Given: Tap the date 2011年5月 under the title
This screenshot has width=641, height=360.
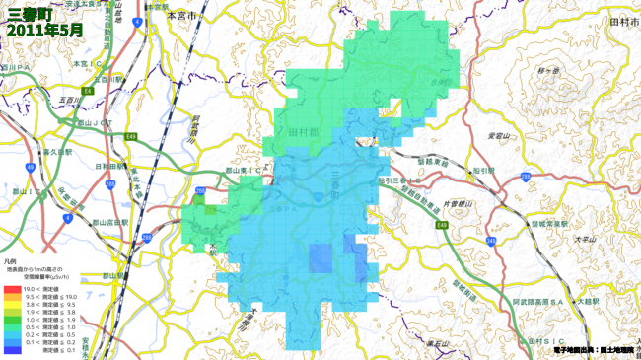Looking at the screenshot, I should (x=44, y=31).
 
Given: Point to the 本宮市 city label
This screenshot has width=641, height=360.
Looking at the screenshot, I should (x=182, y=17).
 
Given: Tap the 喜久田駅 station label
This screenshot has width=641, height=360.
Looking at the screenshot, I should (x=59, y=153).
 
